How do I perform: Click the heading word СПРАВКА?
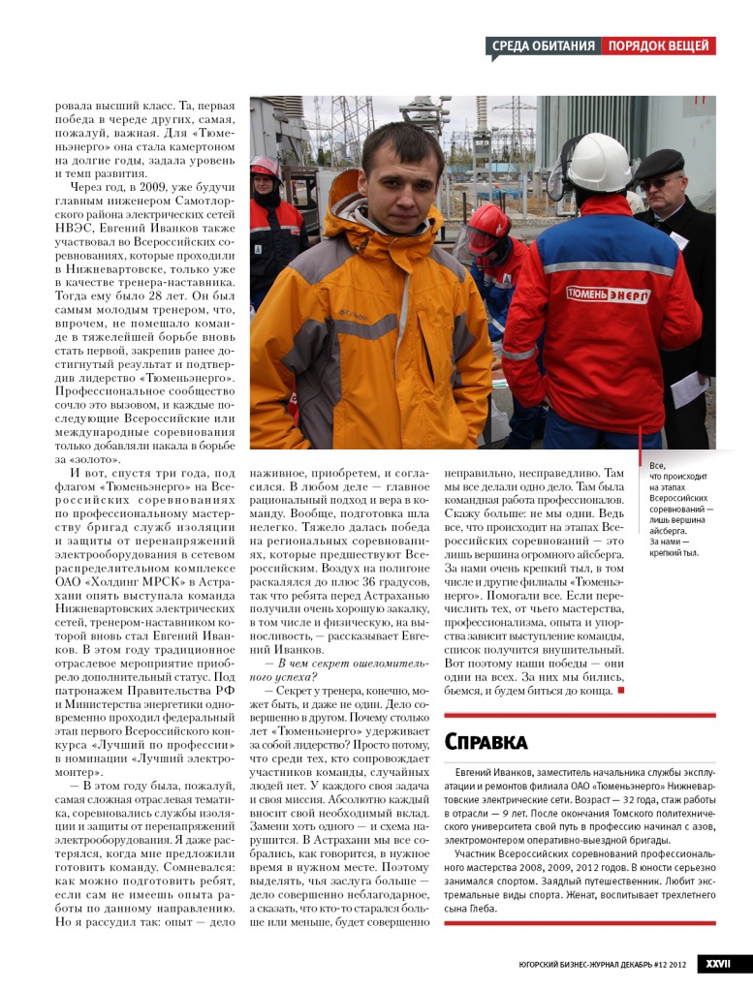point(486,742)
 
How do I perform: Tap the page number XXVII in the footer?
point(717,964)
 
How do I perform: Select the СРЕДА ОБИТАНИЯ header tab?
point(543,46)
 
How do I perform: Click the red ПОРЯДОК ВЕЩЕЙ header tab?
point(659,46)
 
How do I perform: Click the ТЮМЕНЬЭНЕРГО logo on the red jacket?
point(608,294)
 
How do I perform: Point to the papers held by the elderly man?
point(689,388)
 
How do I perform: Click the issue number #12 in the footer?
point(658,965)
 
